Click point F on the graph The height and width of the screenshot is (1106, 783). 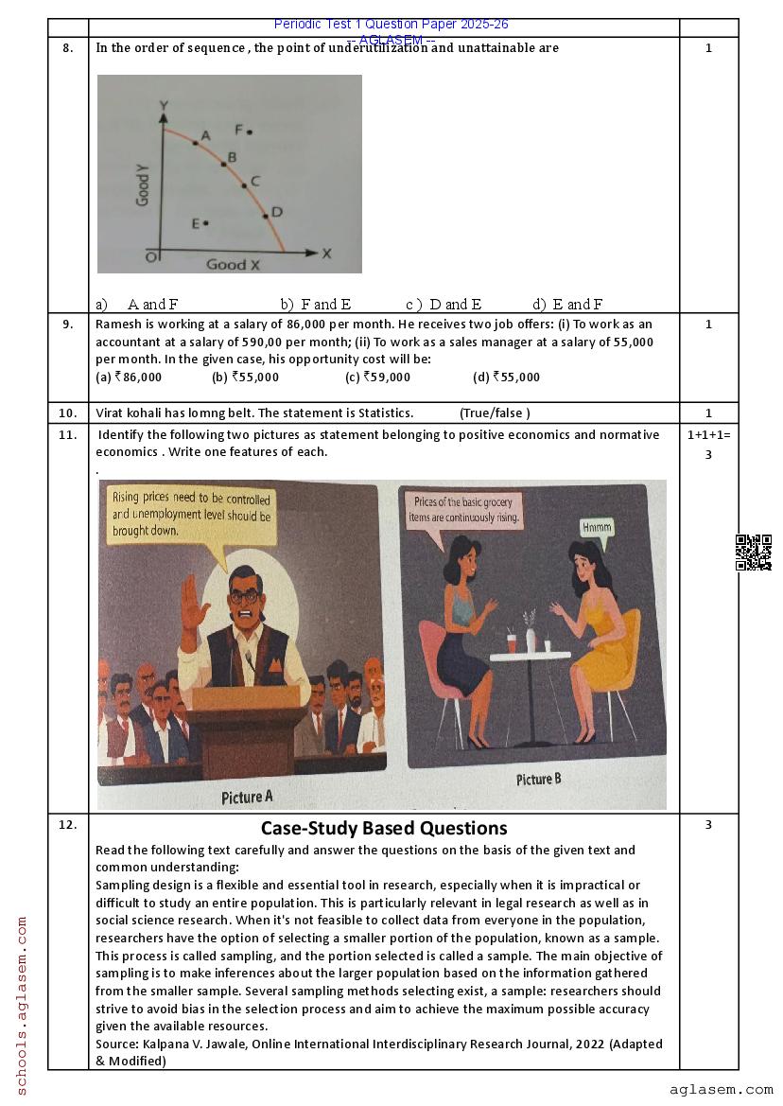click(250, 132)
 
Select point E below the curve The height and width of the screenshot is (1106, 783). click(205, 223)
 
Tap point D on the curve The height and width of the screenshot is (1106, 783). click(267, 215)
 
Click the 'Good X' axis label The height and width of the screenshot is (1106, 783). click(233, 265)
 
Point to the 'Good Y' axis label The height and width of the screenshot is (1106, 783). click(143, 184)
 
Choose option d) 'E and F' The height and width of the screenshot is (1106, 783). click(567, 304)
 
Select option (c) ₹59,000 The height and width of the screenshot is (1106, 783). click(377, 377)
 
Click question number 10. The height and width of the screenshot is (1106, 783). click(68, 413)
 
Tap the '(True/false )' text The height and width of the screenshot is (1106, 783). click(495, 413)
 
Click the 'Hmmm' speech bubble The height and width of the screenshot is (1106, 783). click(598, 529)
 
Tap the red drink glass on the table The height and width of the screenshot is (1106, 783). click(512, 641)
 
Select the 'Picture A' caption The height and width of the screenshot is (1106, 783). click(247, 797)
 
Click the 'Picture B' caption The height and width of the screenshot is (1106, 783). click(538, 780)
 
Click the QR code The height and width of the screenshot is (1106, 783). click(754, 553)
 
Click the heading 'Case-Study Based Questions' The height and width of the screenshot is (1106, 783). click(384, 828)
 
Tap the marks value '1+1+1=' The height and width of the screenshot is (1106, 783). click(708, 434)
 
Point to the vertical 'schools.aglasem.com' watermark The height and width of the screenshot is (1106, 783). click(22, 1005)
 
